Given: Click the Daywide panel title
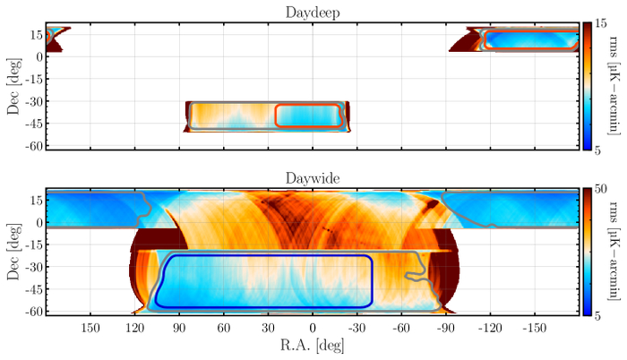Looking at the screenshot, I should pyautogui.click(x=311, y=179).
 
